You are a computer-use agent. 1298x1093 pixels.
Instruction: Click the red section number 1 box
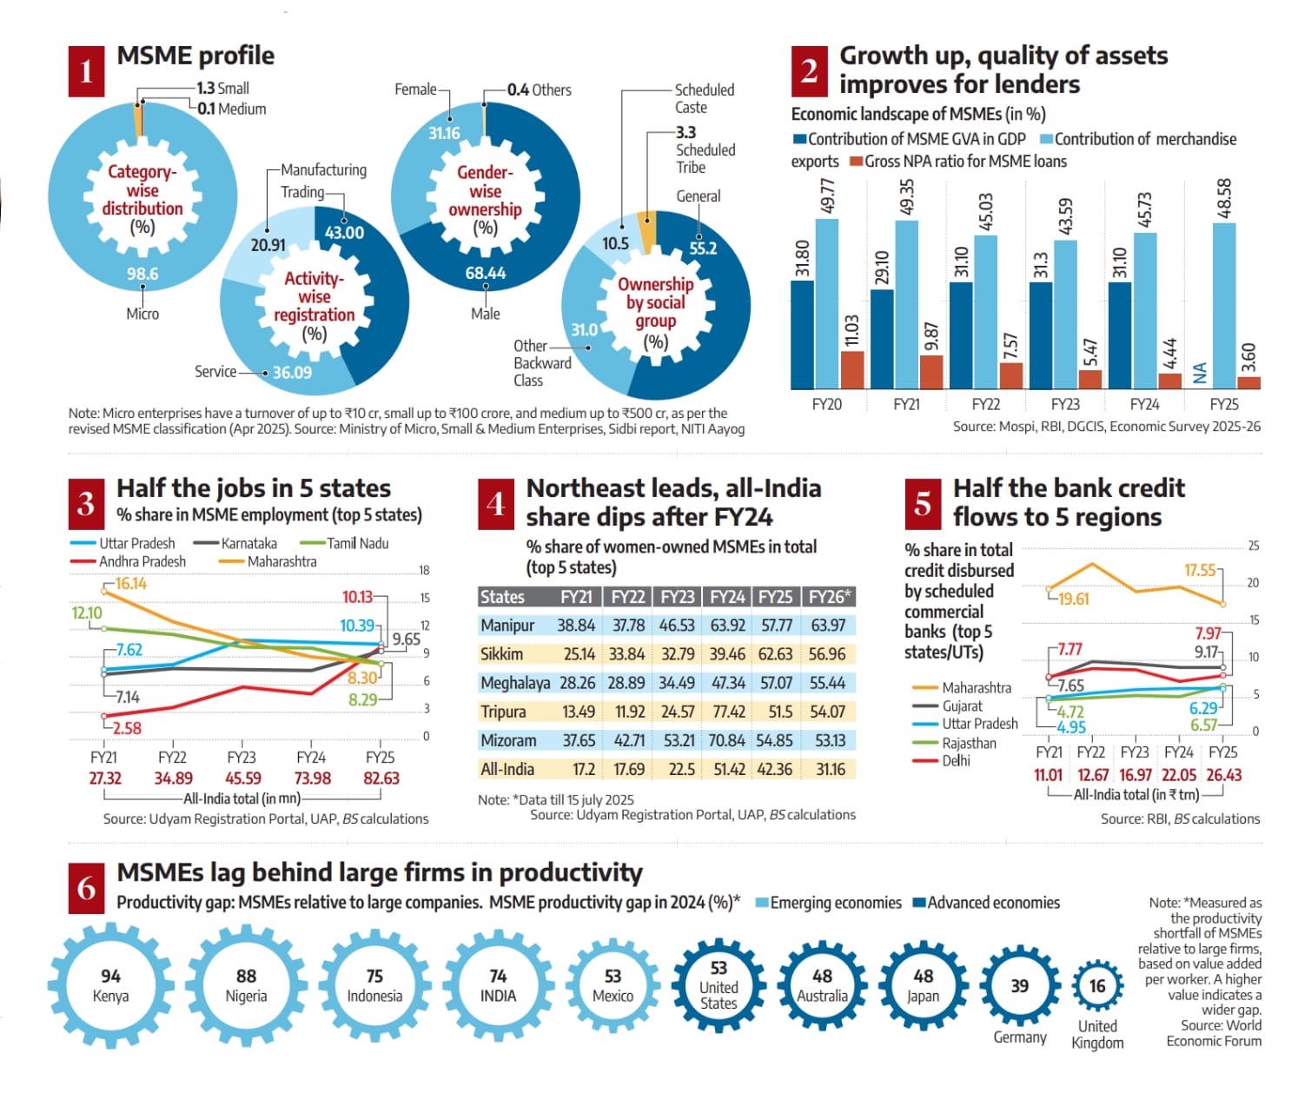coord(86,71)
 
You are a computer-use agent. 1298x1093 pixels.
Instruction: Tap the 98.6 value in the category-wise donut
coord(142,274)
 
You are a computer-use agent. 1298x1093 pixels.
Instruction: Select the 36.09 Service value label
coord(292,373)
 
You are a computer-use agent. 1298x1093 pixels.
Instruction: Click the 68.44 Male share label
coord(485,273)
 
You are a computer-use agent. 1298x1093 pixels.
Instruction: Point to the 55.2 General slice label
coord(703,248)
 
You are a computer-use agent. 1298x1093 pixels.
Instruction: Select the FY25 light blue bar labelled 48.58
coord(1224,304)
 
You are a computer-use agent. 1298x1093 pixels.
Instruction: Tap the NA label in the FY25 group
coord(1200,373)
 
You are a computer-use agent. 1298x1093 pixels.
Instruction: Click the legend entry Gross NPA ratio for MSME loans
coord(957,162)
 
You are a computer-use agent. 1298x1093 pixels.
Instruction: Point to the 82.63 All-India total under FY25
coord(381,778)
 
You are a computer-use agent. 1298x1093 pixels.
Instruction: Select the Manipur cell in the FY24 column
coord(727,626)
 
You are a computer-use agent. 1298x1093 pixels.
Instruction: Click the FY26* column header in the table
coord(829,597)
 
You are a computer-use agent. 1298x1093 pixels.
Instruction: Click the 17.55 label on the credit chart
coord(1200,570)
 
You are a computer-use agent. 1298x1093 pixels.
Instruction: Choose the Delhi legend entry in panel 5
coord(956,761)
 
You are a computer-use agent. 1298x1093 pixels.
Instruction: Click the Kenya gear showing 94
coord(110,986)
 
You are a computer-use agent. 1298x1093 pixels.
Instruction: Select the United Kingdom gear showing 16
coord(1097,986)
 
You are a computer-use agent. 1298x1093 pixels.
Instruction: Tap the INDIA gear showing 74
coord(498,986)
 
